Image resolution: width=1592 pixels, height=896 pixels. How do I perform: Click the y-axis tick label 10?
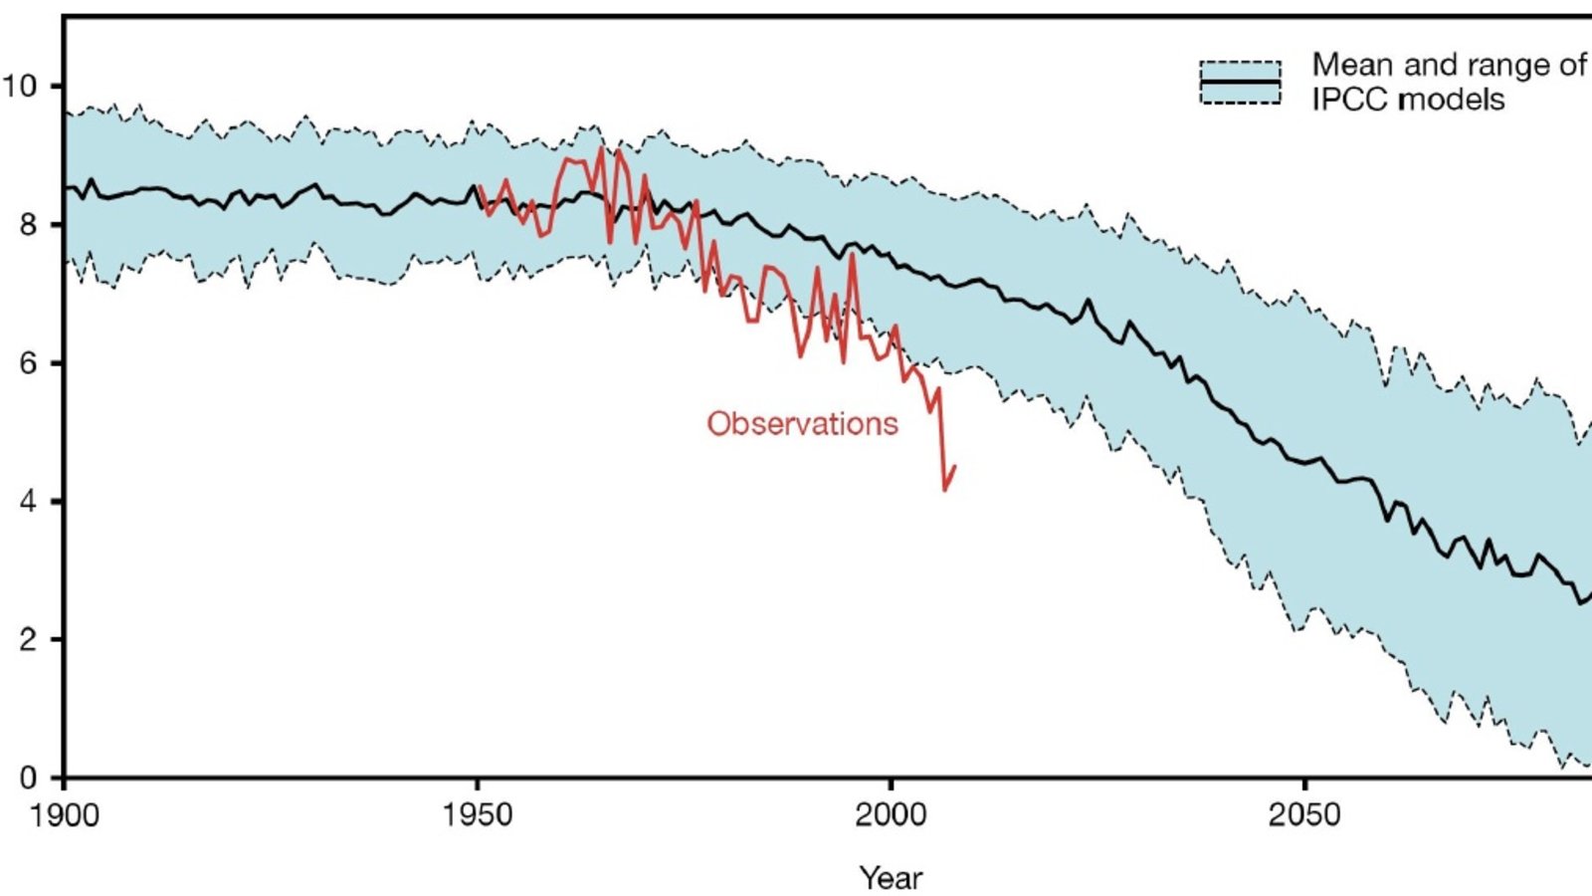(x=20, y=86)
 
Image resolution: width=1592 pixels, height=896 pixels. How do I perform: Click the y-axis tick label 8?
(x=29, y=225)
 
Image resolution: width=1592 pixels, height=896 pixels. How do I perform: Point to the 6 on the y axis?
(x=29, y=363)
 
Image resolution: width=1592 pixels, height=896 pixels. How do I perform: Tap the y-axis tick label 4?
(x=29, y=502)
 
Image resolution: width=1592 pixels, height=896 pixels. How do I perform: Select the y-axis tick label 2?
(x=29, y=639)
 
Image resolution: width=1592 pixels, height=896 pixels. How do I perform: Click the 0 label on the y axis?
(x=29, y=778)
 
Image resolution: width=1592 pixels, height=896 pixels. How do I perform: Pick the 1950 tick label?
(x=479, y=815)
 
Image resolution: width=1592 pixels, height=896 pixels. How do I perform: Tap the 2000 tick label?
(x=892, y=815)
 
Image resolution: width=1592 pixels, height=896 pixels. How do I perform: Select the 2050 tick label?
(x=1304, y=815)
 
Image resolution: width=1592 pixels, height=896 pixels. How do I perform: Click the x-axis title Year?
(x=892, y=878)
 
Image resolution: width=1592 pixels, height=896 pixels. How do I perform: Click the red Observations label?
(x=802, y=424)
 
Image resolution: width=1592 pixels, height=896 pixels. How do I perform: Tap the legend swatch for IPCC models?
(x=1240, y=83)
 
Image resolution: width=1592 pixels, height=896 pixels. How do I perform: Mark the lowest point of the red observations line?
(x=945, y=490)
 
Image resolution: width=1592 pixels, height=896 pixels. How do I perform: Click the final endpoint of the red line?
(x=955, y=465)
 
